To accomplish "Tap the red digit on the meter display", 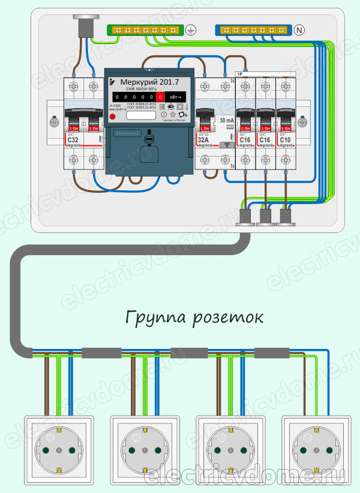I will pos(160,97).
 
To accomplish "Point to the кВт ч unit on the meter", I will pos(177,97).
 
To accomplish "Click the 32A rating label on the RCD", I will pos(204,141).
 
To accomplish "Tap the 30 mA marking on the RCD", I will pos(226,121).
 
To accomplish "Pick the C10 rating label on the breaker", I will pos(286,140).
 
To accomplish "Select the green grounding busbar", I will pos(145,29).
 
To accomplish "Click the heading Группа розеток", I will pos(194,317).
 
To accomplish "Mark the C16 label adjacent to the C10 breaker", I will pos(265,140).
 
